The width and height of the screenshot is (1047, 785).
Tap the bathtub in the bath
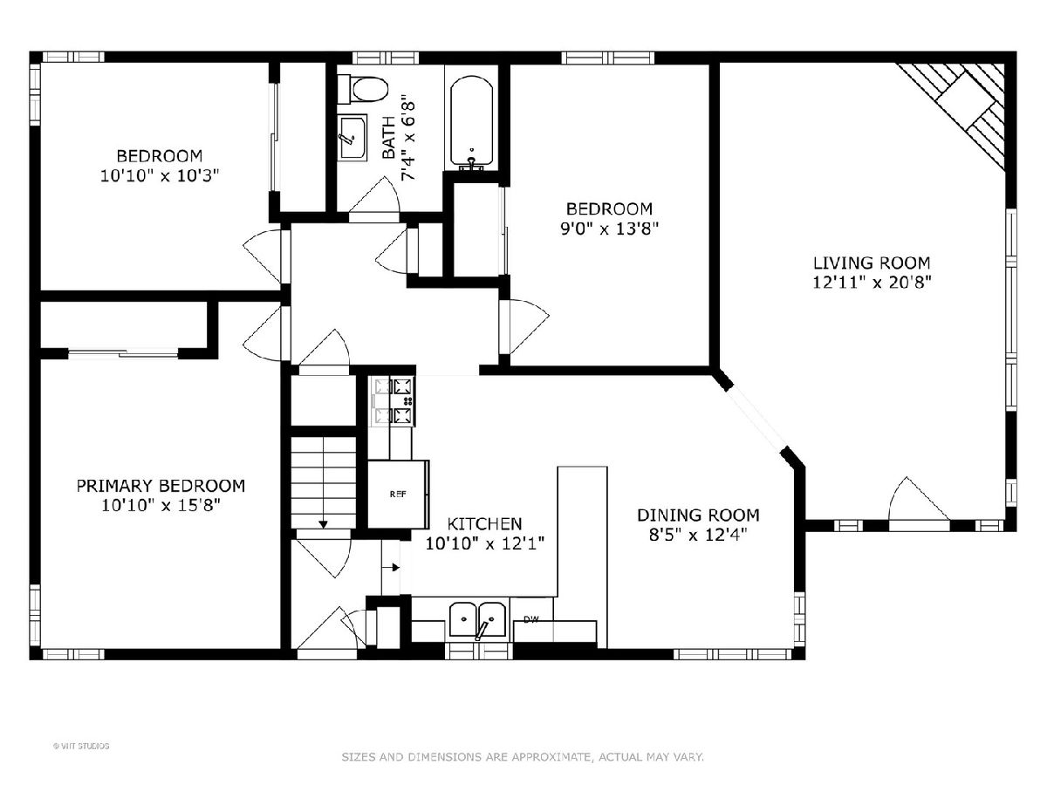pyautogui.click(x=472, y=123)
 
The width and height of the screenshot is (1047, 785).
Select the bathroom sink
pyautogui.click(x=352, y=137)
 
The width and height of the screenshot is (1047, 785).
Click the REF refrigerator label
pyautogui.click(x=398, y=495)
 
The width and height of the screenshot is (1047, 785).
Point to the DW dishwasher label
pyautogui.click(x=530, y=619)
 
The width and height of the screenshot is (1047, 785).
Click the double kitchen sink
pyautogui.click(x=478, y=619)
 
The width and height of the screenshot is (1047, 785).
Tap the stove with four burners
pyautogui.click(x=393, y=401)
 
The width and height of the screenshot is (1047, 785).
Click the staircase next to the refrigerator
pyautogui.click(x=324, y=483)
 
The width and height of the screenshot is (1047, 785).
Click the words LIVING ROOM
pyautogui.click(x=872, y=263)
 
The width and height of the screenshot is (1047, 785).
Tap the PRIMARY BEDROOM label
pyautogui.click(x=161, y=486)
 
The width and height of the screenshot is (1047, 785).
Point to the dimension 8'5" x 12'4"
pyautogui.click(x=698, y=535)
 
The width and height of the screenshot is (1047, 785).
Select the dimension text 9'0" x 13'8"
pyautogui.click(x=609, y=229)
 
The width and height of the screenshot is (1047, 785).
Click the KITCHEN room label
pyautogui.click(x=484, y=524)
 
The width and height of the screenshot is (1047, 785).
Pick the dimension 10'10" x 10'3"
pyautogui.click(x=160, y=176)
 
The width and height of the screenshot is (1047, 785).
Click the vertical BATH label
pyautogui.click(x=389, y=137)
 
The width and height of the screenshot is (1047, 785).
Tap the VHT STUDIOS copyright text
pyautogui.click(x=81, y=746)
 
